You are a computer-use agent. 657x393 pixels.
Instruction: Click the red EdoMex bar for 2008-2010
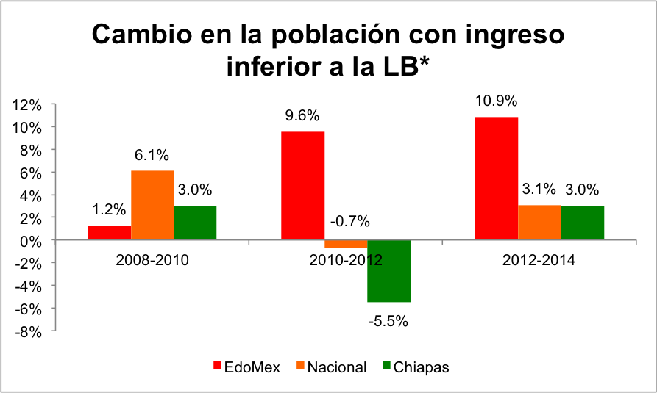point(110,232)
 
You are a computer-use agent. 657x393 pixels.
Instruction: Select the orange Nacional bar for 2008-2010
point(152,205)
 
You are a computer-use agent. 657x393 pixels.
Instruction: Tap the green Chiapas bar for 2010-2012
point(388,271)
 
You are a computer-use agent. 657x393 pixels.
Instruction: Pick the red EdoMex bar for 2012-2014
point(496,179)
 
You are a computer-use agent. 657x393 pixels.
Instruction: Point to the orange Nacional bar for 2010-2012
point(346,244)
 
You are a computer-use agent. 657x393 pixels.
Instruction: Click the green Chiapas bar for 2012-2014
point(582,223)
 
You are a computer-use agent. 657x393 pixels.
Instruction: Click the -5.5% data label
point(388,321)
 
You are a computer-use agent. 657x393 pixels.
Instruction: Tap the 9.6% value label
point(302,115)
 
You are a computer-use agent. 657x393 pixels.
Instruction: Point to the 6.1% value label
point(152,155)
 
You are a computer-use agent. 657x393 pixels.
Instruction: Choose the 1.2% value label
point(108,209)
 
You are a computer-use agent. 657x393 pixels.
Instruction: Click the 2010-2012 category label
point(346,260)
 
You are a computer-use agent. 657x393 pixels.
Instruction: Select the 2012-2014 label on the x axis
point(539,260)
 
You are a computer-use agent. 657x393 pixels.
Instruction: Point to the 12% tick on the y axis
point(26,105)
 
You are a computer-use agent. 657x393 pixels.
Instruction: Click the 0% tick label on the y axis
point(30,240)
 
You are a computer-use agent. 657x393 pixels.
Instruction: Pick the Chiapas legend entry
point(415,367)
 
